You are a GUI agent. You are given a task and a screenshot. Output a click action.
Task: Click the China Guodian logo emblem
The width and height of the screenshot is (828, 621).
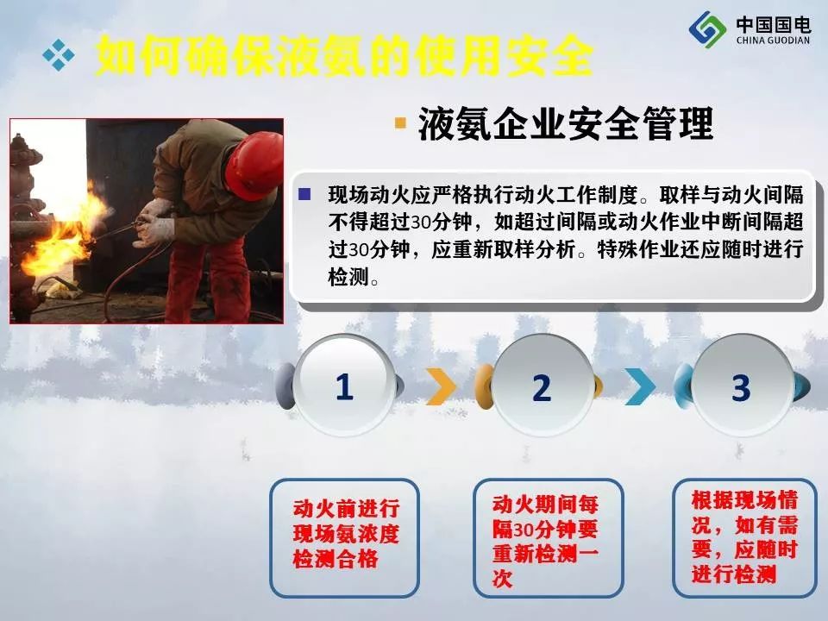(707, 29)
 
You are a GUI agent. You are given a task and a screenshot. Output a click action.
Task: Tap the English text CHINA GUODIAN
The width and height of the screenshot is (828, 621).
(773, 41)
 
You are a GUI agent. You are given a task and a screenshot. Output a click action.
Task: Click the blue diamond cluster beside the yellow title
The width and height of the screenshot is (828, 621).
(58, 54)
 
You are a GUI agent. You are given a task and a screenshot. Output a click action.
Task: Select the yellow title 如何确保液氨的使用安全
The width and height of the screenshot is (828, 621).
(344, 55)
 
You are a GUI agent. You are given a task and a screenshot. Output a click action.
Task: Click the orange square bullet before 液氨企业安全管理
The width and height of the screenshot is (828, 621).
(401, 123)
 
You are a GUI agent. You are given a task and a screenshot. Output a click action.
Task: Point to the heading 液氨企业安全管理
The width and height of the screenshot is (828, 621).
(566, 124)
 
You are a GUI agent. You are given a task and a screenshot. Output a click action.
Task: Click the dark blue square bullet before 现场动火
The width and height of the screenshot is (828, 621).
(304, 194)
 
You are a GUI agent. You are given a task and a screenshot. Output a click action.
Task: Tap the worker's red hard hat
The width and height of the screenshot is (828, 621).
(254, 164)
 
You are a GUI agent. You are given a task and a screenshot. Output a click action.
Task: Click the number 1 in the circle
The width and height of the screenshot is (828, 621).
(344, 386)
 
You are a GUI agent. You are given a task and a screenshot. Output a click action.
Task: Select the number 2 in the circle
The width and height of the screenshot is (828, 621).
(542, 388)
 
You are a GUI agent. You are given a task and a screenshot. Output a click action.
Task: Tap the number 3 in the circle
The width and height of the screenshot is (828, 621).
(741, 388)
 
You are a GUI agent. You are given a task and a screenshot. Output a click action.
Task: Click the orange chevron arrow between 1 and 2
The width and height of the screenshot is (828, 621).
(441, 386)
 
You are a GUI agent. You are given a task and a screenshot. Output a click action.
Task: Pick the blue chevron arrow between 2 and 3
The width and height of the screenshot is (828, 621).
(640, 386)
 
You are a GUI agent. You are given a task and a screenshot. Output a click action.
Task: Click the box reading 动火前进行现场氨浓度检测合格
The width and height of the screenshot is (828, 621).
(345, 537)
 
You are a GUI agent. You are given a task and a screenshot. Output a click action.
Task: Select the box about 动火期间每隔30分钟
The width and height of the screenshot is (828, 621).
(549, 537)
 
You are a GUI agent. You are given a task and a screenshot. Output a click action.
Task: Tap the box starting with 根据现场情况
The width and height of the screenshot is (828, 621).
(744, 537)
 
